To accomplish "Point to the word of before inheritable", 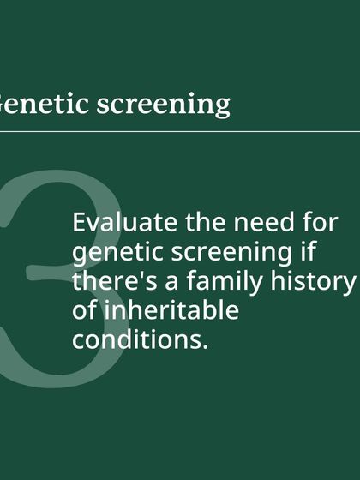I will [x=84, y=310].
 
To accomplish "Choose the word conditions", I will [x=138, y=339].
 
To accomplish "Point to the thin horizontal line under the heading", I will [x=180, y=132].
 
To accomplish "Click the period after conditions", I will [x=206, y=347].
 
